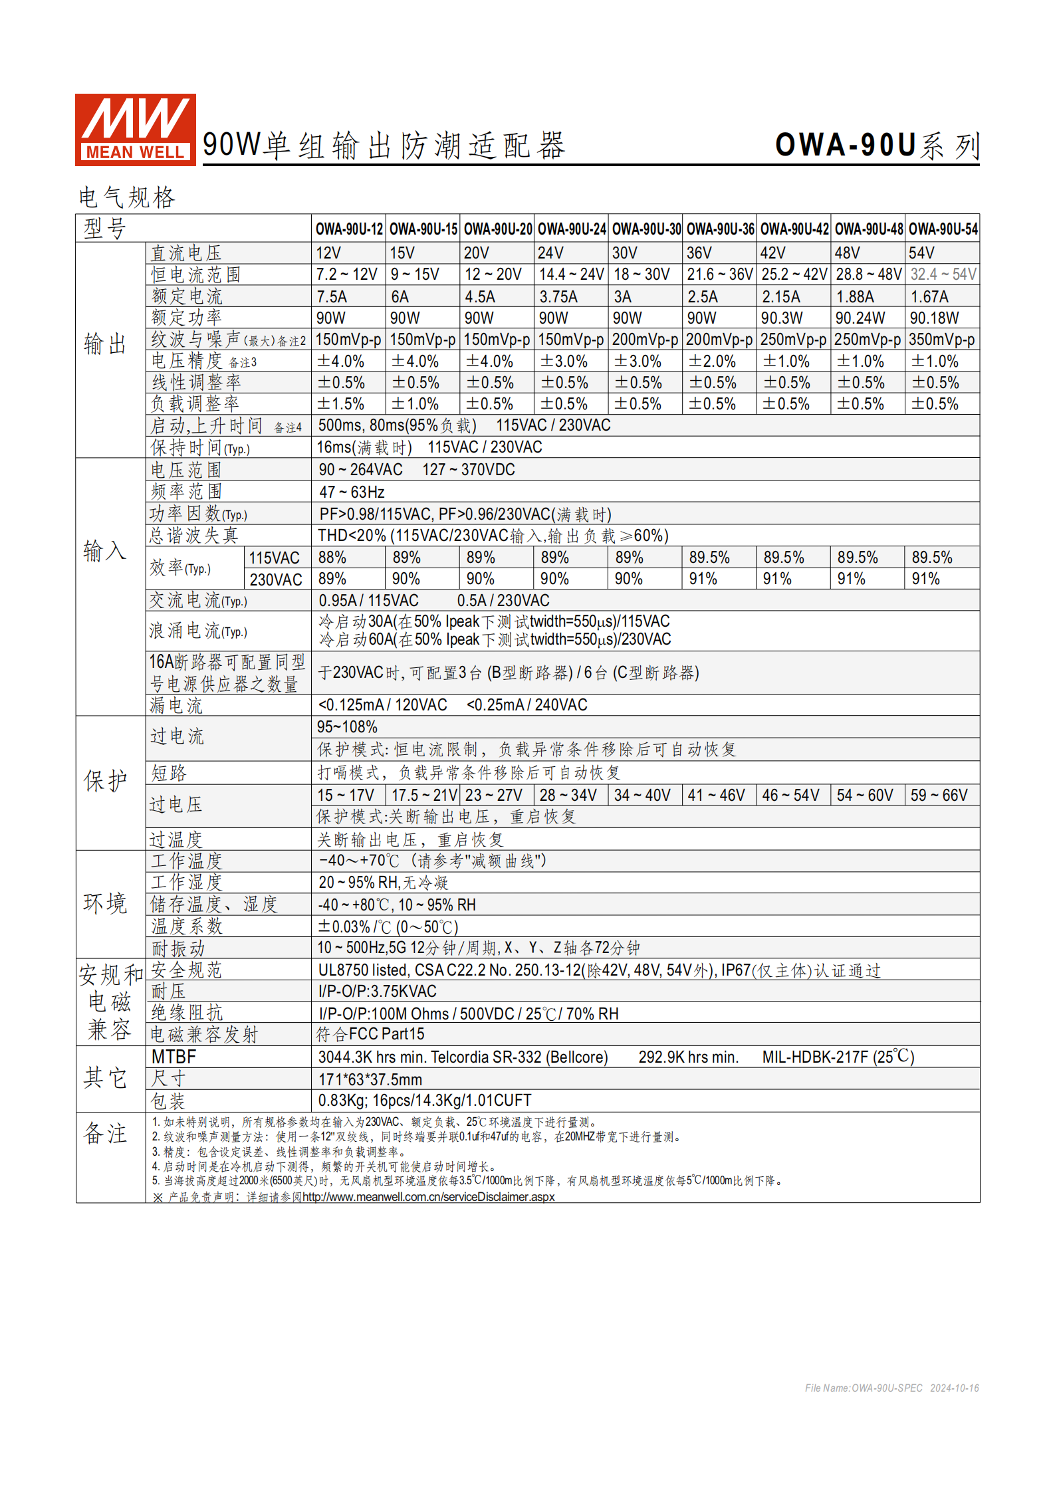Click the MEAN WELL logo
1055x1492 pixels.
tap(135, 130)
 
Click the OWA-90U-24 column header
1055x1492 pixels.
tap(572, 229)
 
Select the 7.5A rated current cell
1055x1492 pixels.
tap(332, 297)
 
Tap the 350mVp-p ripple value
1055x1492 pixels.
tap(941, 340)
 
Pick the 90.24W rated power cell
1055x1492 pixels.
tap(860, 318)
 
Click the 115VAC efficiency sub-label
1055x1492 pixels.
tap(275, 558)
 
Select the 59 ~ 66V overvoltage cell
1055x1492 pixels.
tap(939, 796)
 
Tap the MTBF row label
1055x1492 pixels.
tap(174, 1057)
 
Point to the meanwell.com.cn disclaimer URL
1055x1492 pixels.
tap(428, 1197)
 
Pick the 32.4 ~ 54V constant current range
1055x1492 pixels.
tap(943, 274)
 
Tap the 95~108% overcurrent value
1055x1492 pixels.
tap(347, 728)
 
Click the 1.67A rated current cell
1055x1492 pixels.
tap(929, 297)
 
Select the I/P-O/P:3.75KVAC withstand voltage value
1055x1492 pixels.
tap(377, 992)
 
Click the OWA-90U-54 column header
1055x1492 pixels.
tap(943, 229)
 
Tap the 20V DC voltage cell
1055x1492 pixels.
tap(476, 253)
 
